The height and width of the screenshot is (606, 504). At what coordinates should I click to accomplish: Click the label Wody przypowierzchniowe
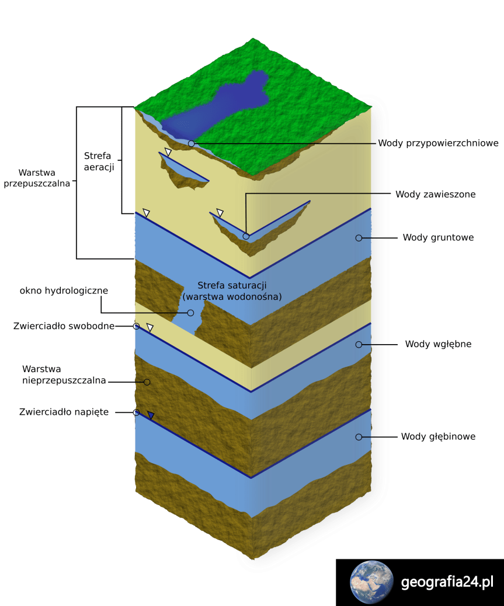437,143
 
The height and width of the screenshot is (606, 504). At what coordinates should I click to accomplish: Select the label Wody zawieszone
435,194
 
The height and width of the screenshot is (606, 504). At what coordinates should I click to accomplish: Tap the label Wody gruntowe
438,237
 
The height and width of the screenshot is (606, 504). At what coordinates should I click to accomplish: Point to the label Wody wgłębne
438,344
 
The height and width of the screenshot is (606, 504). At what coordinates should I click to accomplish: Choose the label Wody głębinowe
438,436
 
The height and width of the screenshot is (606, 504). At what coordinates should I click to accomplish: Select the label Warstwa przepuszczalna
37,178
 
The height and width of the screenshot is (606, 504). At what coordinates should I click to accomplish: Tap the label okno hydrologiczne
64,290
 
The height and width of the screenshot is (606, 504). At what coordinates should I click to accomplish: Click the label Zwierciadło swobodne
64,326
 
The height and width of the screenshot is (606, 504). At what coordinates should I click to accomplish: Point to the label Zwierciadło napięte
64,412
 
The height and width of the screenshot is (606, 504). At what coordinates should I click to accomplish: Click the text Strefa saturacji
232,285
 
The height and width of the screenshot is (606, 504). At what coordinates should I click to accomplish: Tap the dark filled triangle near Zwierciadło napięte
151,415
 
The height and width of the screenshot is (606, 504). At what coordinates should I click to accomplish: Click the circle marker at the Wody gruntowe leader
359,238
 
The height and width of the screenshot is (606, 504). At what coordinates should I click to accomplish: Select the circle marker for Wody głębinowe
359,437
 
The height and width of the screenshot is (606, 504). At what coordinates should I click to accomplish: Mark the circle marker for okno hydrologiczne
190,313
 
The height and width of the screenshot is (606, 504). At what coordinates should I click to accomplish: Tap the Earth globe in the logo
371,582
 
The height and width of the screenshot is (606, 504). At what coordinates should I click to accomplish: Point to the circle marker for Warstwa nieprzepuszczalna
147,382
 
